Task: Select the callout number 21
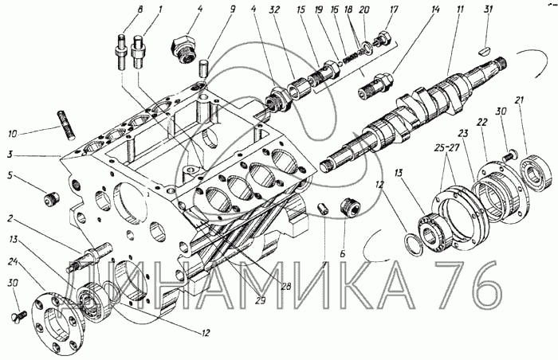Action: click(520, 100)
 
